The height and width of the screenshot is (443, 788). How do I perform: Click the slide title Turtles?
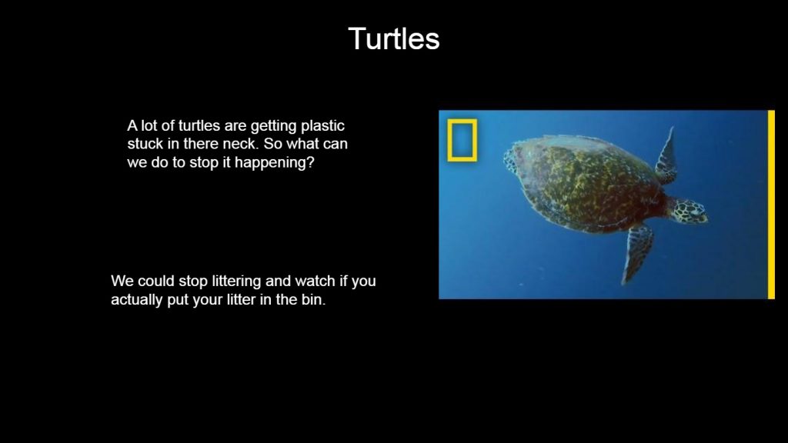click(x=394, y=38)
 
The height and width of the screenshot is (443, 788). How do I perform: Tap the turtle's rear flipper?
click(x=509, y=158)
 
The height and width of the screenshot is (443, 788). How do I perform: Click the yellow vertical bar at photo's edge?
click(x=771, y=205)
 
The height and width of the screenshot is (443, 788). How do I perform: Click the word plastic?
click(x=322, y=126)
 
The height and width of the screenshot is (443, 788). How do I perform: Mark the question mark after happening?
click(x=311, y=162)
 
